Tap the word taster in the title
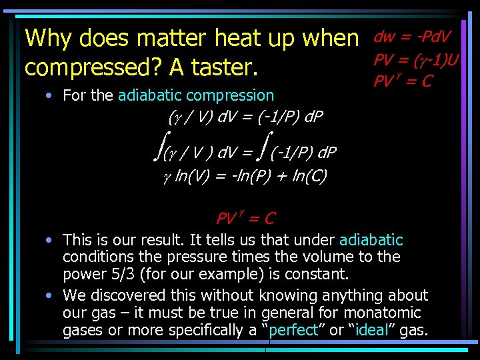(226, 68)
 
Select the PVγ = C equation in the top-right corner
(403, 81)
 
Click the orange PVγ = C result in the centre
(245, 218)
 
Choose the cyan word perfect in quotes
(291, 331)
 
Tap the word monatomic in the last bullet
(387, 313)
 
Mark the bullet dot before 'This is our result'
(50, 239)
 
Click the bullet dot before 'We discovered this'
(50, 295)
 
